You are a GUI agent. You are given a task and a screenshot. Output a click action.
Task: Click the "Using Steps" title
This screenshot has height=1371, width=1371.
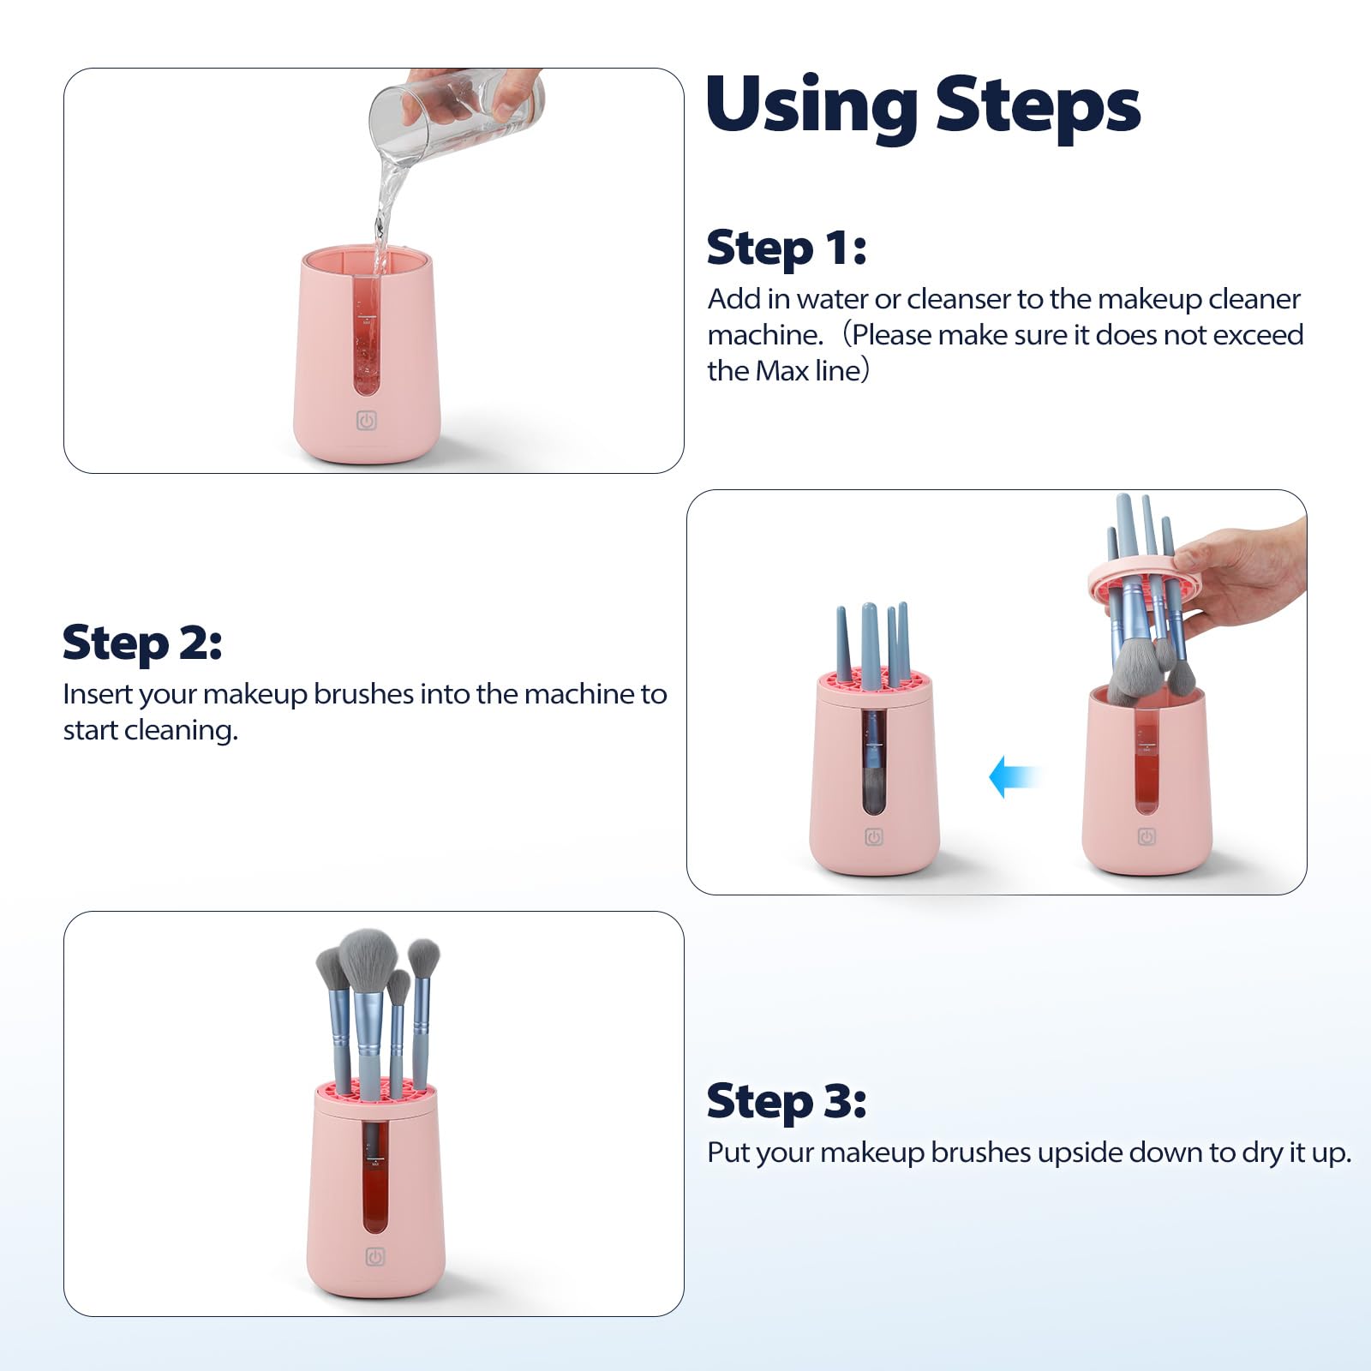point(923,106)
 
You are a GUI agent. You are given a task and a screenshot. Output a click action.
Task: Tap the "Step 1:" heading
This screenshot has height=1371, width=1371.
point(787,248)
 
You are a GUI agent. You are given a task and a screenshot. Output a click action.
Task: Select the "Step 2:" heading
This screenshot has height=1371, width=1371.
point(142,644)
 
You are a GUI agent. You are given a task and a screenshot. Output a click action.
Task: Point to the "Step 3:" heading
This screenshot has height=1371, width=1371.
point(787,1101)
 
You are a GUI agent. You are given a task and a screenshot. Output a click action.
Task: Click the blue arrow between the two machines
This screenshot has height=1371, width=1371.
point(1014,777)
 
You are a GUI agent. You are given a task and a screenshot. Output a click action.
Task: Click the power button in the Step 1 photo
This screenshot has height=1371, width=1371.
point(367,421)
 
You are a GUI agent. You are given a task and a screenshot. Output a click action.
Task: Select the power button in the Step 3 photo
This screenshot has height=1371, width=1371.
point(375,1257)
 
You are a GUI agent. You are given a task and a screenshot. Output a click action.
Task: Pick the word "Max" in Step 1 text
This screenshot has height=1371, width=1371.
point(783,371)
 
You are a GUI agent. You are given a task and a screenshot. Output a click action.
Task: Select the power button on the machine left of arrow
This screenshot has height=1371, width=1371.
point(873,837)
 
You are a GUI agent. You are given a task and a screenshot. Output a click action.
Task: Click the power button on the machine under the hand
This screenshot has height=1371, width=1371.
point(1146,836)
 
